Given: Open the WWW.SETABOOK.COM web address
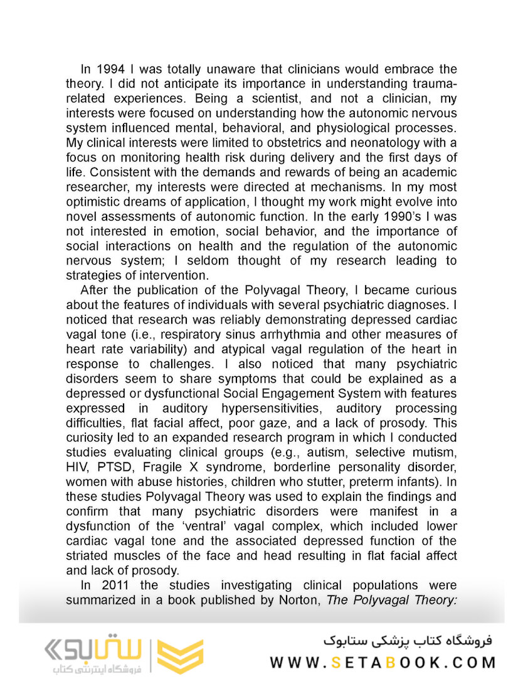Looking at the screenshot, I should (383, 662).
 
